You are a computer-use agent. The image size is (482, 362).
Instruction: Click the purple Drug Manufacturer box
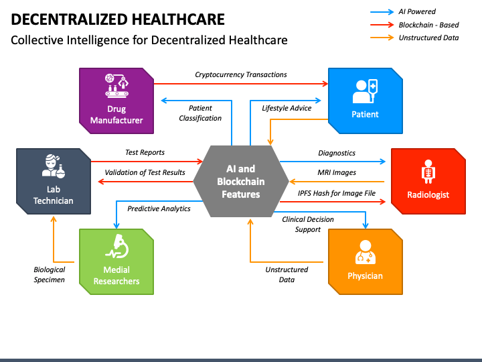click(116, 101)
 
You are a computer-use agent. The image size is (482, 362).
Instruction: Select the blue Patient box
click(365, 101)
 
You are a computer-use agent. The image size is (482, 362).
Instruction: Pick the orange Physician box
click(365, 261)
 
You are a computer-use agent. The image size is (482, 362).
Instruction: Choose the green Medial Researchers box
click(116, 262)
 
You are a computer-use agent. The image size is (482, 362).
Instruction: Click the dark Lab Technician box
click(54, 181)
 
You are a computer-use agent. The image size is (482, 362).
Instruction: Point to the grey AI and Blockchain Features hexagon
click(240, 181)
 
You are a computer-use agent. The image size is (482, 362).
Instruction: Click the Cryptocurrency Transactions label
click(241, 75)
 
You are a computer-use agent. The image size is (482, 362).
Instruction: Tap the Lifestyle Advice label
click(287, 108)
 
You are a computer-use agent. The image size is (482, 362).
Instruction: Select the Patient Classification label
click(200, 113)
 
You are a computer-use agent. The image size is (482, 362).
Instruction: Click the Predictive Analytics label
click(159, 208)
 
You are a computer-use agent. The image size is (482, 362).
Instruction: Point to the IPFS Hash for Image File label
click(337, 193)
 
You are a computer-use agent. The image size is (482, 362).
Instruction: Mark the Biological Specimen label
click(50, 274)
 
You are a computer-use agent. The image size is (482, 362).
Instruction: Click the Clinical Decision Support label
click(308, 224)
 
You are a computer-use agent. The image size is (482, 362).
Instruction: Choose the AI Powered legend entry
click(417, 11)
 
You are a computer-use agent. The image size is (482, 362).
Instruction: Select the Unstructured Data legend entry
click(428, 38)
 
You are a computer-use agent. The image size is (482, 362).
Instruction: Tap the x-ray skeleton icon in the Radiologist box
click(428, 172)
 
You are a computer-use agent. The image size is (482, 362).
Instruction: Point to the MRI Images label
click(337, 172)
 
